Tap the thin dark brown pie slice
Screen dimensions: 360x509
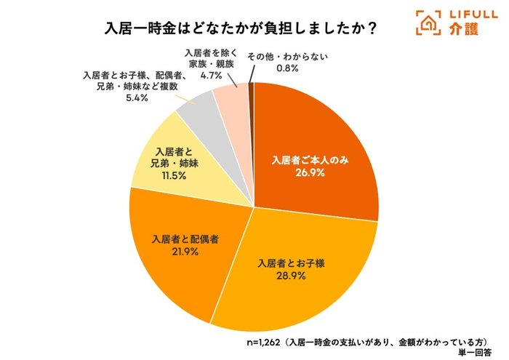pos(252,91)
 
